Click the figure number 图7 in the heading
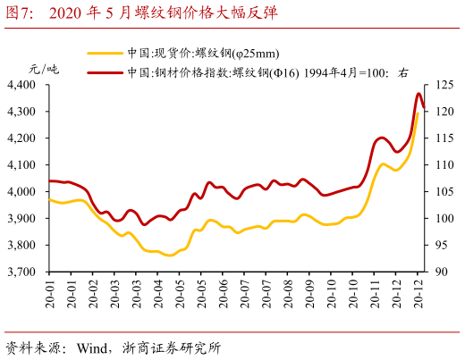[x=21, y=13]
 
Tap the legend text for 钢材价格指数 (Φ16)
[x=267, y=71]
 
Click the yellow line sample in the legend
[x=106, y=54]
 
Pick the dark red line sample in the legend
[x=106, y=71]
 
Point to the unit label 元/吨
[x=44, y=69]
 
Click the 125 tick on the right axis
[x=444, y=85]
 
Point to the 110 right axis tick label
[x=444, y=165]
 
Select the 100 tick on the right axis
[x=444, y=219]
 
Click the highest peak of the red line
[x=419, y=94]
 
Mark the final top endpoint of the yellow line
[x=419, y=112]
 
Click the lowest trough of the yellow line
[x=167, y=255]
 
